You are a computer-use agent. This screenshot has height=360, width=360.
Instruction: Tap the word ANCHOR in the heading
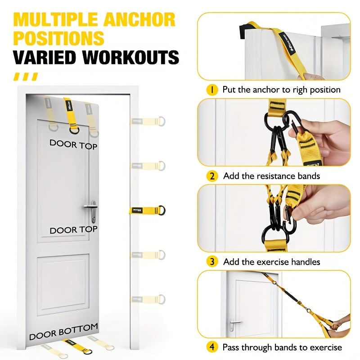143,20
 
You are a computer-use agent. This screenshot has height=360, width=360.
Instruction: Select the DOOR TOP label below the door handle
73,230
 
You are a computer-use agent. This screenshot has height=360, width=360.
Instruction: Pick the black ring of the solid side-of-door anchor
162,210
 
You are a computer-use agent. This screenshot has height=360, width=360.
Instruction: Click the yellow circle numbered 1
212,89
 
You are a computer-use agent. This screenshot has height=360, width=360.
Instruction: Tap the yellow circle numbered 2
212,175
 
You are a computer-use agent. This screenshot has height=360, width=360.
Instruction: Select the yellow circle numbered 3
212,261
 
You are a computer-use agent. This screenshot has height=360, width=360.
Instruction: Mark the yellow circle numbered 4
212,347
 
